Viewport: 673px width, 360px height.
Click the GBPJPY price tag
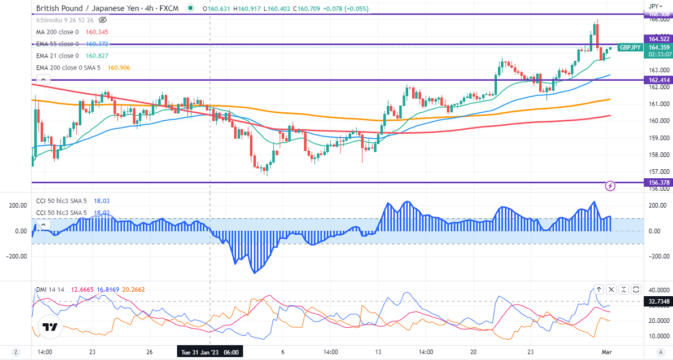tap(630, 47)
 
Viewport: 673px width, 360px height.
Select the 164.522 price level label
tap(659, 39)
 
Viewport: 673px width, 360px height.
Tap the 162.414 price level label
tap(659, 80)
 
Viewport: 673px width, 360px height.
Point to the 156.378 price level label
tap(659, 182)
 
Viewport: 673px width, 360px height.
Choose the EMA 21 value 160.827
tap(97, 56)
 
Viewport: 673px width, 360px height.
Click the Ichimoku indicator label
tap(62, 20)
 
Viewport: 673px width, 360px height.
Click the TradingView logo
tap(50, 327)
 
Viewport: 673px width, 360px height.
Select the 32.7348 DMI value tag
tap(659, 302)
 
